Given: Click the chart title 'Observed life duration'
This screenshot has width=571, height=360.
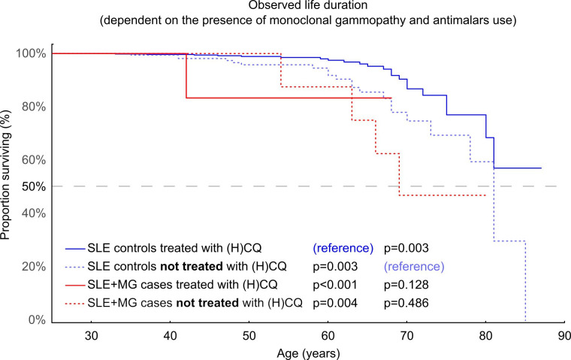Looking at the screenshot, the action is [x=308, y=5].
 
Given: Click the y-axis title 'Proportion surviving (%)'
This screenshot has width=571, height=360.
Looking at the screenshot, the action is [x=5, y=175].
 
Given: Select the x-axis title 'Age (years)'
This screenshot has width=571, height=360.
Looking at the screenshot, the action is [x=309, y=353].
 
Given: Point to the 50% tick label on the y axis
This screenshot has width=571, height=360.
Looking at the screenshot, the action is [x=34, y=186].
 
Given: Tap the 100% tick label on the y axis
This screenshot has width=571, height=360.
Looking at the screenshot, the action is [x=31, y=53].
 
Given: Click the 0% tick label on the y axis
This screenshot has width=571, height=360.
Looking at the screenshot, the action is [x=37, y=320].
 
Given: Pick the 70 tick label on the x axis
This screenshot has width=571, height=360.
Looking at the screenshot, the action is [x=406, y=335].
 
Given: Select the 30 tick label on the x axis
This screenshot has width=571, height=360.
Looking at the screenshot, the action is [x=91, y=335].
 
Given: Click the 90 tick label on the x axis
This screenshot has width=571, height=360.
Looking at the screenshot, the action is [x=563, y=335].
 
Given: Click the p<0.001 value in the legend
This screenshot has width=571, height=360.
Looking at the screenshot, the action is [x=335, y=285].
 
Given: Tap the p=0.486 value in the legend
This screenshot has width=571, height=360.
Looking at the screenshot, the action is [x=406, y=303].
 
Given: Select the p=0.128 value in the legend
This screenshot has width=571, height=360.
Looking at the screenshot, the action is [x=406, y=285].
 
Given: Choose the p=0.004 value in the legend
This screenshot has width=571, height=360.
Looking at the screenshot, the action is [x=335, y=303].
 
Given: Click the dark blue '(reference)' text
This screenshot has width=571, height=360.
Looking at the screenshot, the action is [x=343, y=248].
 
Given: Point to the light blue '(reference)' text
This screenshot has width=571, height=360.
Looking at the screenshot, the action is [x=414, y=266].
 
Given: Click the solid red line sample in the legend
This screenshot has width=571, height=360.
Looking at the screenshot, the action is [x=74, y=286].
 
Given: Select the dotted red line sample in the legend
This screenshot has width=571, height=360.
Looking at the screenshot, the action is [x=74, y=304].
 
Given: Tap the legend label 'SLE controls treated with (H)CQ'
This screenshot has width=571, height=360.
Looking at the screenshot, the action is [x=174, y=248].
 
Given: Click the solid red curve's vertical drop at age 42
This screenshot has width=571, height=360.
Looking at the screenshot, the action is [x=186, y=76].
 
